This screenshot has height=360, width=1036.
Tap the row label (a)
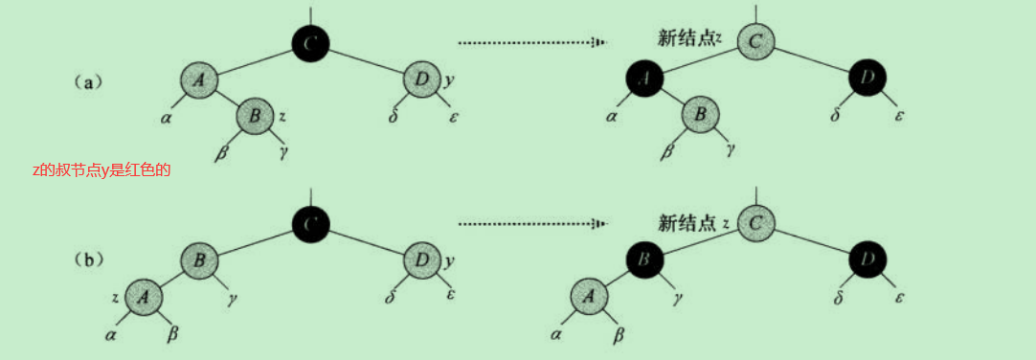(90, 82)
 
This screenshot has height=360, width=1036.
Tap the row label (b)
(90, 259)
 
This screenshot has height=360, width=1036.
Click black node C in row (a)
(310, 42)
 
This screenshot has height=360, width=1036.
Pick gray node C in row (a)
(755, 41)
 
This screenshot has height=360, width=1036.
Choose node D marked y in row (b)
(420, 259)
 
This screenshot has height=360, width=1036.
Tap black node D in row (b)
(867, 259)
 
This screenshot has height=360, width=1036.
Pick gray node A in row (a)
(198, 81)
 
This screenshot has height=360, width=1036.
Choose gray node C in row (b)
(755, 223)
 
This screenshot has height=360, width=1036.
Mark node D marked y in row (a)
(420, 80)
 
